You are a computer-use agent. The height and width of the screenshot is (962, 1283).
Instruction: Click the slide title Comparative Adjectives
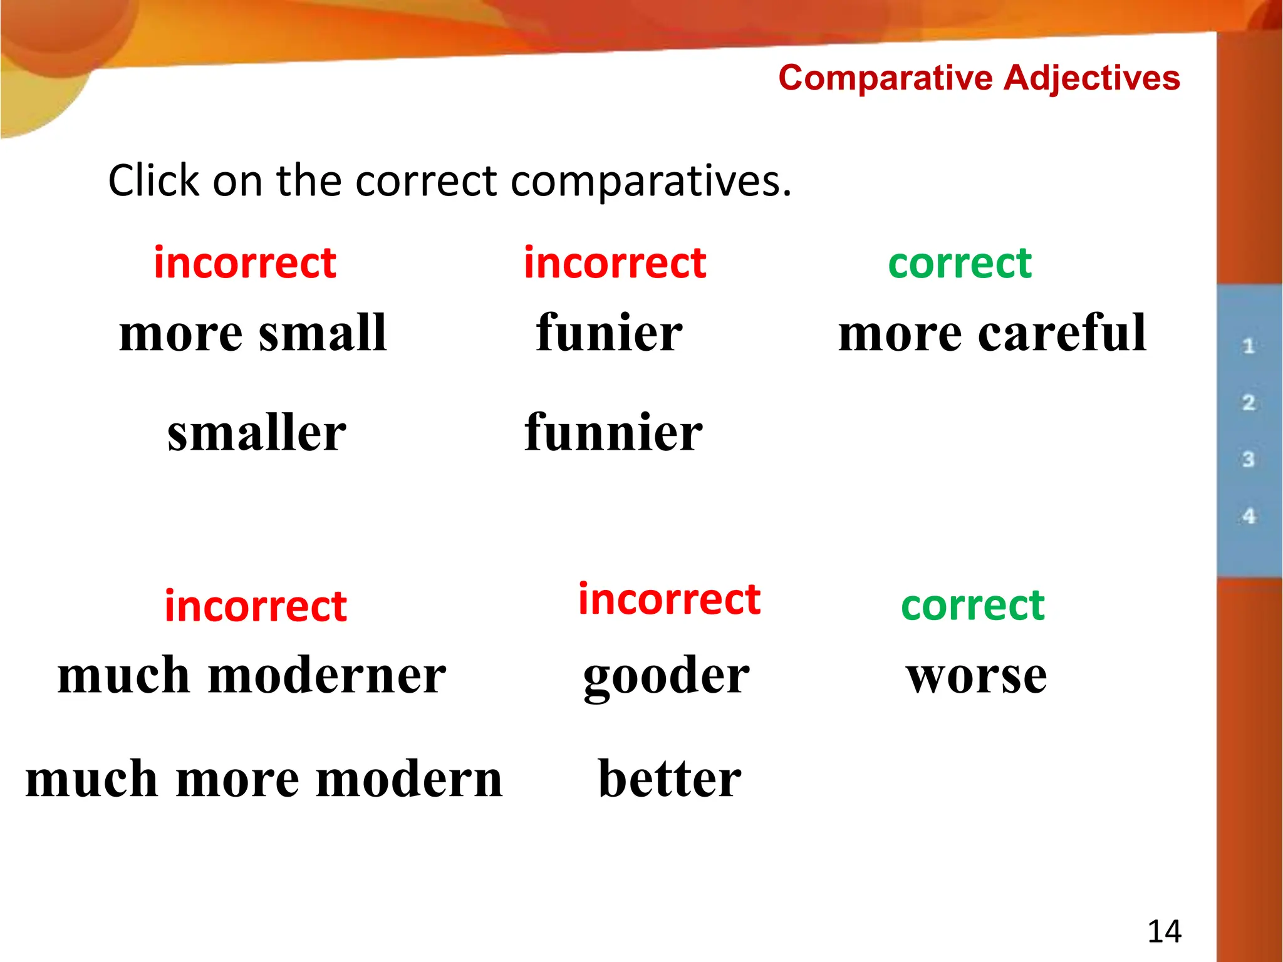[979, 78]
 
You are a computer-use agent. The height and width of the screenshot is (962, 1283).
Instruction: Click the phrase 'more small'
[253, 333]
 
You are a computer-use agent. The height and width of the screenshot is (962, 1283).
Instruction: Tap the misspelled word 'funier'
[610, 333]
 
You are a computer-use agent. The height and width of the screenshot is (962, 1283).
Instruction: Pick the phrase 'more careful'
[992, 333]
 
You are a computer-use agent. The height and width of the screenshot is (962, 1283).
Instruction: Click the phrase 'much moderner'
[252, 675]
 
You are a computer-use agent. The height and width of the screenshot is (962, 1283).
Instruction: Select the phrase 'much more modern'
[264, 778]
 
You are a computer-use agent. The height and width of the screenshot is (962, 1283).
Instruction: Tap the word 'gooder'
[667, 676]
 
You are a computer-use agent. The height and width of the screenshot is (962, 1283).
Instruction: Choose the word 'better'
[670, 778]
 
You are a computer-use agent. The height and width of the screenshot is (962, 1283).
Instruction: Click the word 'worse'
[976, 676]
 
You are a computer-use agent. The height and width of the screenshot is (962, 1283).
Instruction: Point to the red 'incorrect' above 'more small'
[245, 262]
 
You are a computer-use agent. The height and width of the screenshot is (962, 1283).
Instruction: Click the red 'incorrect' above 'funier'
[615, 262]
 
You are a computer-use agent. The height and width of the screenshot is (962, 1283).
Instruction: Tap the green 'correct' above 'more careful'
[960, 264]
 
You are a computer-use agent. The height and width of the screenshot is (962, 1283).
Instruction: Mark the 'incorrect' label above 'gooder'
[669, 599]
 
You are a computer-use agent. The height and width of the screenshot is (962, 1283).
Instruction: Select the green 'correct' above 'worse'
[973, 606]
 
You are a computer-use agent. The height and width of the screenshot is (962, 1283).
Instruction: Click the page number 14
[1164, 931]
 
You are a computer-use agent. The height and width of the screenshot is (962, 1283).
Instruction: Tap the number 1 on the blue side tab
[1248, 346]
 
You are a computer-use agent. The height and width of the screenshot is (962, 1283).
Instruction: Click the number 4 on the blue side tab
[1249, 517]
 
